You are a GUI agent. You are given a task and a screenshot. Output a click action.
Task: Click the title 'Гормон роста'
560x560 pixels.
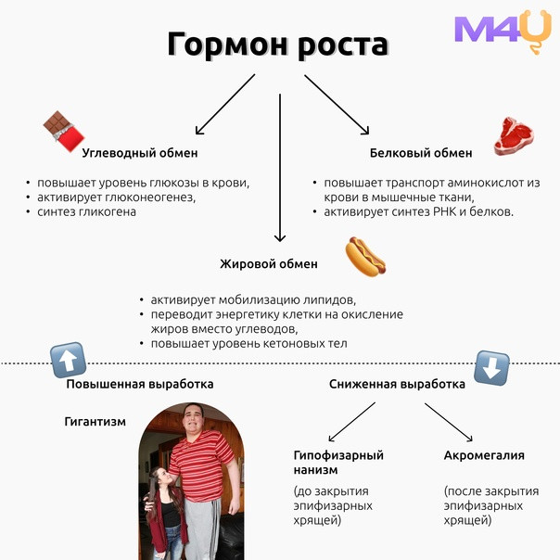pos(278,45)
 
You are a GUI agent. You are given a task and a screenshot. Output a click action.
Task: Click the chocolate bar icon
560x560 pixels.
pos(64,131)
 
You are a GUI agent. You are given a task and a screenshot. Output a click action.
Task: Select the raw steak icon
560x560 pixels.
pos(514,136)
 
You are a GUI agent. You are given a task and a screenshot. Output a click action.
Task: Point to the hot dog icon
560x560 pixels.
pos(365,257)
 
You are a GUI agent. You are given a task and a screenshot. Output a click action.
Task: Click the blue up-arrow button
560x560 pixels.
pos(69,360)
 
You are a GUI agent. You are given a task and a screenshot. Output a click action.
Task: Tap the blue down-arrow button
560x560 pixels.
pos(491,368)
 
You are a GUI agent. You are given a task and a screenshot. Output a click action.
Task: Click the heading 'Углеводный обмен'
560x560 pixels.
pos(140,153)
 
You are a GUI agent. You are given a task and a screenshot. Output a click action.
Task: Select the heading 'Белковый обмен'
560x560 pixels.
pos(421,153)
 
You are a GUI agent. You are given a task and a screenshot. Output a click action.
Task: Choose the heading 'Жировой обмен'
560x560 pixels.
pos(269,264)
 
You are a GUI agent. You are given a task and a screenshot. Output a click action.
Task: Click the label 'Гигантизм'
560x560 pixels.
pos(95,422)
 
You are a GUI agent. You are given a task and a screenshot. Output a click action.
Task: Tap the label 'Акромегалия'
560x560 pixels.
pos(484,455)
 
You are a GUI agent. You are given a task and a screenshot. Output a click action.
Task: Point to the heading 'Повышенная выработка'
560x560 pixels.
pos(140,384)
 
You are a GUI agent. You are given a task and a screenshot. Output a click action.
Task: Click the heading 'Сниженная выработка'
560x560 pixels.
pos(397,384)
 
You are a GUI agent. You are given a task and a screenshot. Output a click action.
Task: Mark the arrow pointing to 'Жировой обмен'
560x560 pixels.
pos(280,168)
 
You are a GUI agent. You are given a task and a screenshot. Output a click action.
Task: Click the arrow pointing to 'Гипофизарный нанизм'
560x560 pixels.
pos(351,422)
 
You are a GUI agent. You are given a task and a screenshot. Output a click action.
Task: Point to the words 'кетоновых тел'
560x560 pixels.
pos(305,344)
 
